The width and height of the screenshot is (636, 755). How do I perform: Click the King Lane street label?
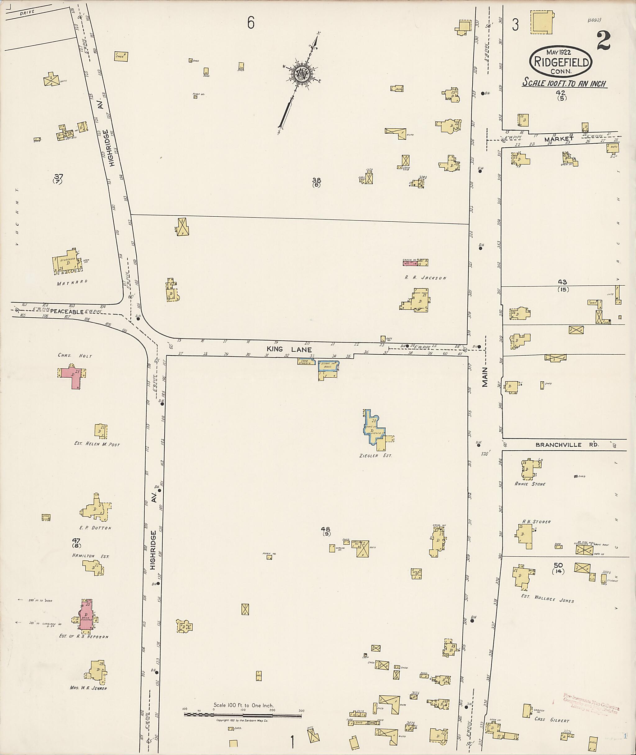pyautogui.click(x=289, y=349)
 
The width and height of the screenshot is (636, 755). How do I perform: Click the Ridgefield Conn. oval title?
pyautogui.click(x=560, y=62)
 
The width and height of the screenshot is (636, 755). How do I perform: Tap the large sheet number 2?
pyautogui.click(x=603, y=41)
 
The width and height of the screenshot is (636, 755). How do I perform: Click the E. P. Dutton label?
pyautogui.click(x=95, y=528)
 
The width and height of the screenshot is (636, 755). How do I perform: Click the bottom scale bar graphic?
pyautogui.click(x=243, y=714)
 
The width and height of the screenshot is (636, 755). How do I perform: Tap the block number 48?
pyautogui.click(x=325, y=529)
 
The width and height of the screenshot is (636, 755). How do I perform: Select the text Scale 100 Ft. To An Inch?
pyautogui.click(x=565, y=83)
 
